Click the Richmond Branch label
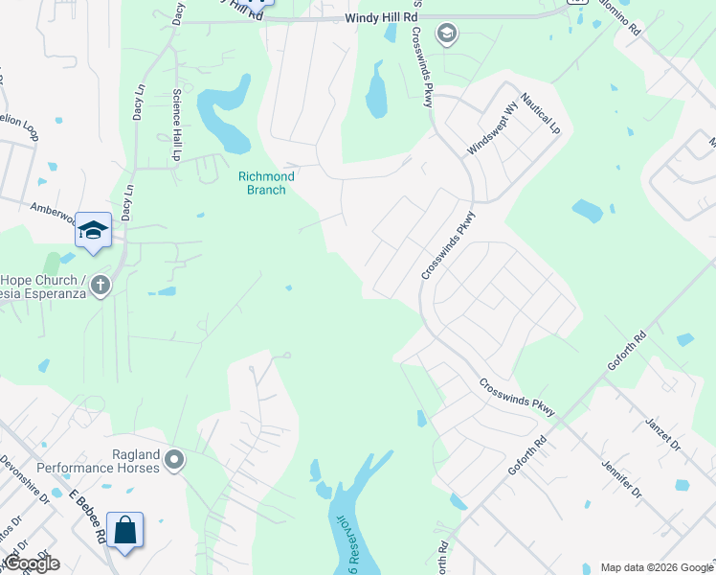(x=266, y=183)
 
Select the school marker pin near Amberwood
(x=94, y=231)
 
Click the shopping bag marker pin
(x=124, y=530)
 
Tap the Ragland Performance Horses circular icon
(x=174, y=462)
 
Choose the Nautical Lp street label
(x=541, y=114)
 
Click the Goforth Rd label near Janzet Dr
(x=627, y=355)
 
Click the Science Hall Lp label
(x=176, y=125)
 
